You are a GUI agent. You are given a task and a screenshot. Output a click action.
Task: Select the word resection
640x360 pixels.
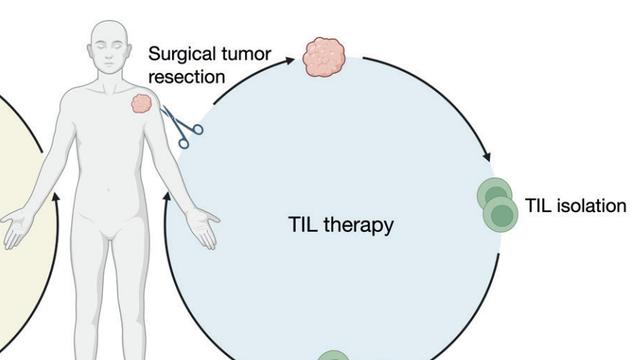(x=187, y=77)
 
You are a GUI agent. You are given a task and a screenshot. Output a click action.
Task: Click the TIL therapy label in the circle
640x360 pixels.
(x=341, y=225)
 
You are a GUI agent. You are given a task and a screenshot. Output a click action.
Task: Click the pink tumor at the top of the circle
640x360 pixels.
(x=324, y=57)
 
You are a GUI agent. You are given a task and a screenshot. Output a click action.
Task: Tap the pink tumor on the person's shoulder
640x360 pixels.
(x=142, y=103)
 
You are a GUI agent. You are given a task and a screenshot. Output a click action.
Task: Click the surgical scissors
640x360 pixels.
(x=181, y=126)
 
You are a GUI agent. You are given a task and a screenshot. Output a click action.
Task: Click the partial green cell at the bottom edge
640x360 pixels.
(x=333, y=355)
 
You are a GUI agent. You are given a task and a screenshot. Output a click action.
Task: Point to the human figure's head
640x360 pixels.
(x=109, y=47)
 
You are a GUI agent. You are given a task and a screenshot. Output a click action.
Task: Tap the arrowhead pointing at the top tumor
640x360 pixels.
(x=289, y=61)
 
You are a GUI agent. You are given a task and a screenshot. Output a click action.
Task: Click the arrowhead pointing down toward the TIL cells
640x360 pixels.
(x=487, y=156)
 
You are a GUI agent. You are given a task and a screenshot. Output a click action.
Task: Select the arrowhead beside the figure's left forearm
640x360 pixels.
(x=167, y=198)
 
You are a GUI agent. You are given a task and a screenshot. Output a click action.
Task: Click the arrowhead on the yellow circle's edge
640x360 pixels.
(x=56, y=198)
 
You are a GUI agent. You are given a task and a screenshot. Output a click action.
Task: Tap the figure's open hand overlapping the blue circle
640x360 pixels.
(x=203, y=226)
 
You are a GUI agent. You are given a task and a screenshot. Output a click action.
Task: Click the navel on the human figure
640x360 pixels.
(x=109, y=189)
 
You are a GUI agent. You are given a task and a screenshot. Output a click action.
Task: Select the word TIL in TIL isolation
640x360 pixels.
(x=538, y=205)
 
